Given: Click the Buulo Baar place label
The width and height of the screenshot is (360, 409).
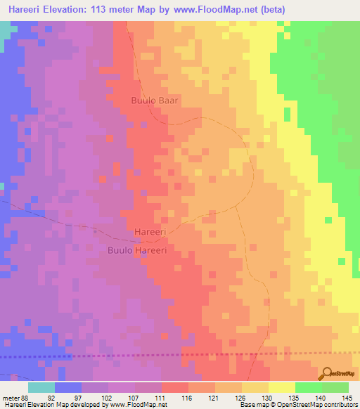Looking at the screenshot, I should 155,100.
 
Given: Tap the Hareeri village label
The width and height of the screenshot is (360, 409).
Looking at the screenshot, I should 150,231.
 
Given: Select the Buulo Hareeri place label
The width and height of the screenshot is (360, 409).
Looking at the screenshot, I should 136,249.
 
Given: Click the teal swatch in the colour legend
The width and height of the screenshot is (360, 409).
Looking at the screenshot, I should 41,387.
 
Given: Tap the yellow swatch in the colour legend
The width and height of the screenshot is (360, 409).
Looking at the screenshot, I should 282,387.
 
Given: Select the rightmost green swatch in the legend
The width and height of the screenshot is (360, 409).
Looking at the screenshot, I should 335,387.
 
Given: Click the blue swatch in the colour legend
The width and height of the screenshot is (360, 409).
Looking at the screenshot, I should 68,387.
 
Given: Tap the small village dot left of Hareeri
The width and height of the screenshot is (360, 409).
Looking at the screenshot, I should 96,229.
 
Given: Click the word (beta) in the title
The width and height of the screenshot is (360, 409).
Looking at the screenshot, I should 271,9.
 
